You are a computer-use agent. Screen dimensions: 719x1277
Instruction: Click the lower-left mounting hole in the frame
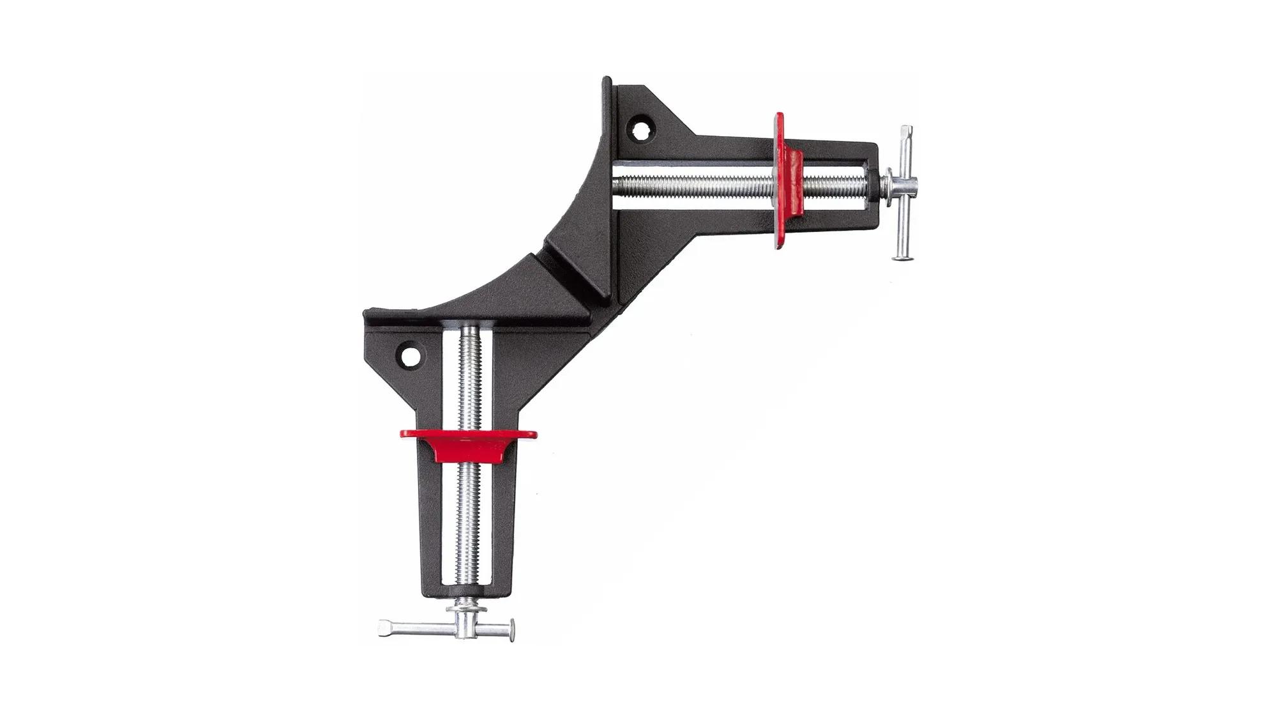[409, 356]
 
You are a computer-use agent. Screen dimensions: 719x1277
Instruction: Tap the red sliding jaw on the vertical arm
[469, 442]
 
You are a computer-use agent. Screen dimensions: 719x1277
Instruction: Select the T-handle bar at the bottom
[447, 628]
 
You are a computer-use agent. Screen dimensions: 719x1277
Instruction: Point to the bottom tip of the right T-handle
[902, 257]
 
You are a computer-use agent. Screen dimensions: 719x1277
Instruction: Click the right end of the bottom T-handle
[511, 631]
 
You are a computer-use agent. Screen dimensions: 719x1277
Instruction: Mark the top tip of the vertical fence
[606, 82]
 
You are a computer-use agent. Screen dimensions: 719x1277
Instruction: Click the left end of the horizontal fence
[368, 314]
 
